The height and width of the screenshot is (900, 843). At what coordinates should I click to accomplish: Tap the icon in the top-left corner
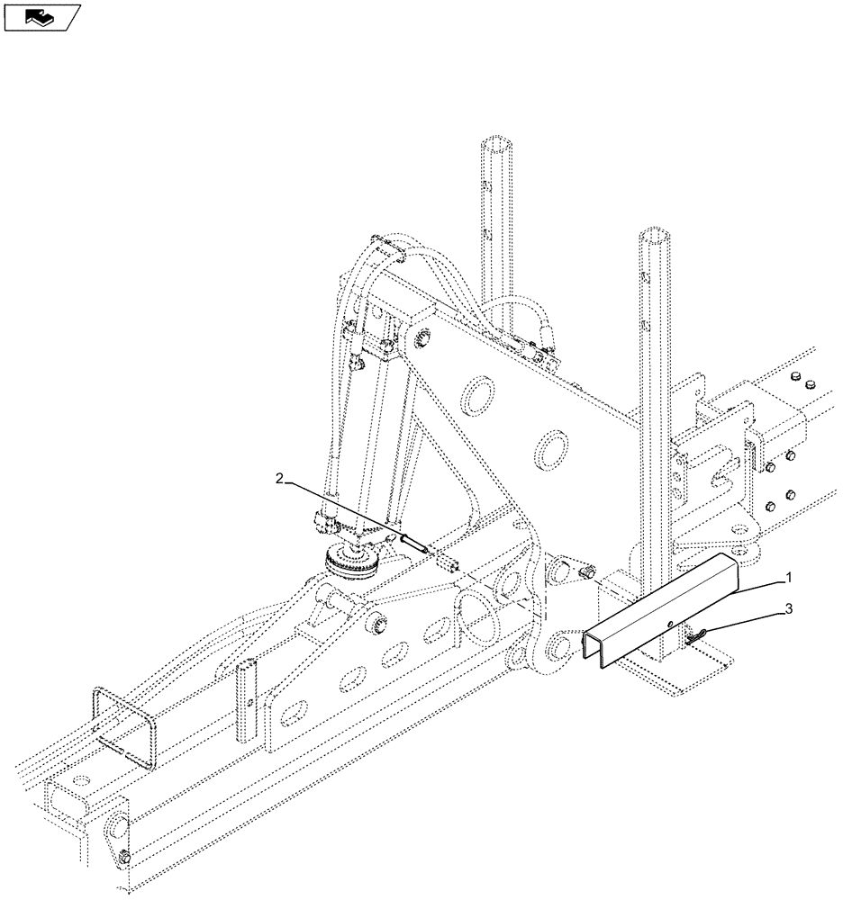tap(41, 16)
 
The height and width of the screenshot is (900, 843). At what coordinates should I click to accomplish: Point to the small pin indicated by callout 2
tap(418, 544)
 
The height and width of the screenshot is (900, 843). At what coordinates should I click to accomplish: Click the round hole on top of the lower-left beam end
tap(83, 779)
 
